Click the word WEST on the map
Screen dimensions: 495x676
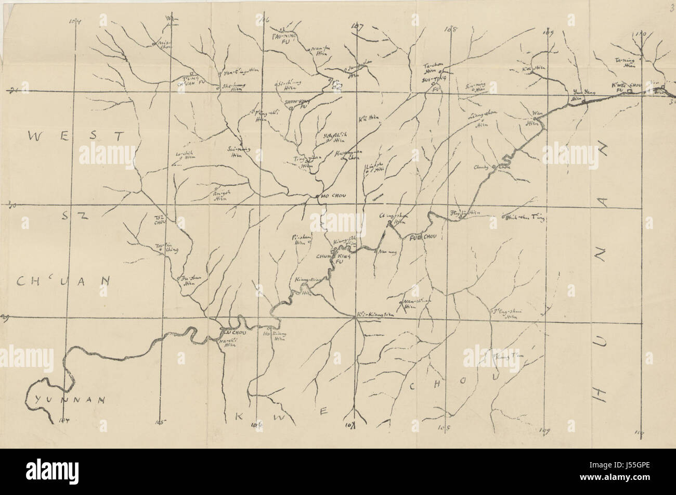pos(76,136)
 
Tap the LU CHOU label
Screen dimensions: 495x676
pos(233,332)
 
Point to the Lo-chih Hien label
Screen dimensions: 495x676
pos(184,156)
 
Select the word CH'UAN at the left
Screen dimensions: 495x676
pos(63,281)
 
